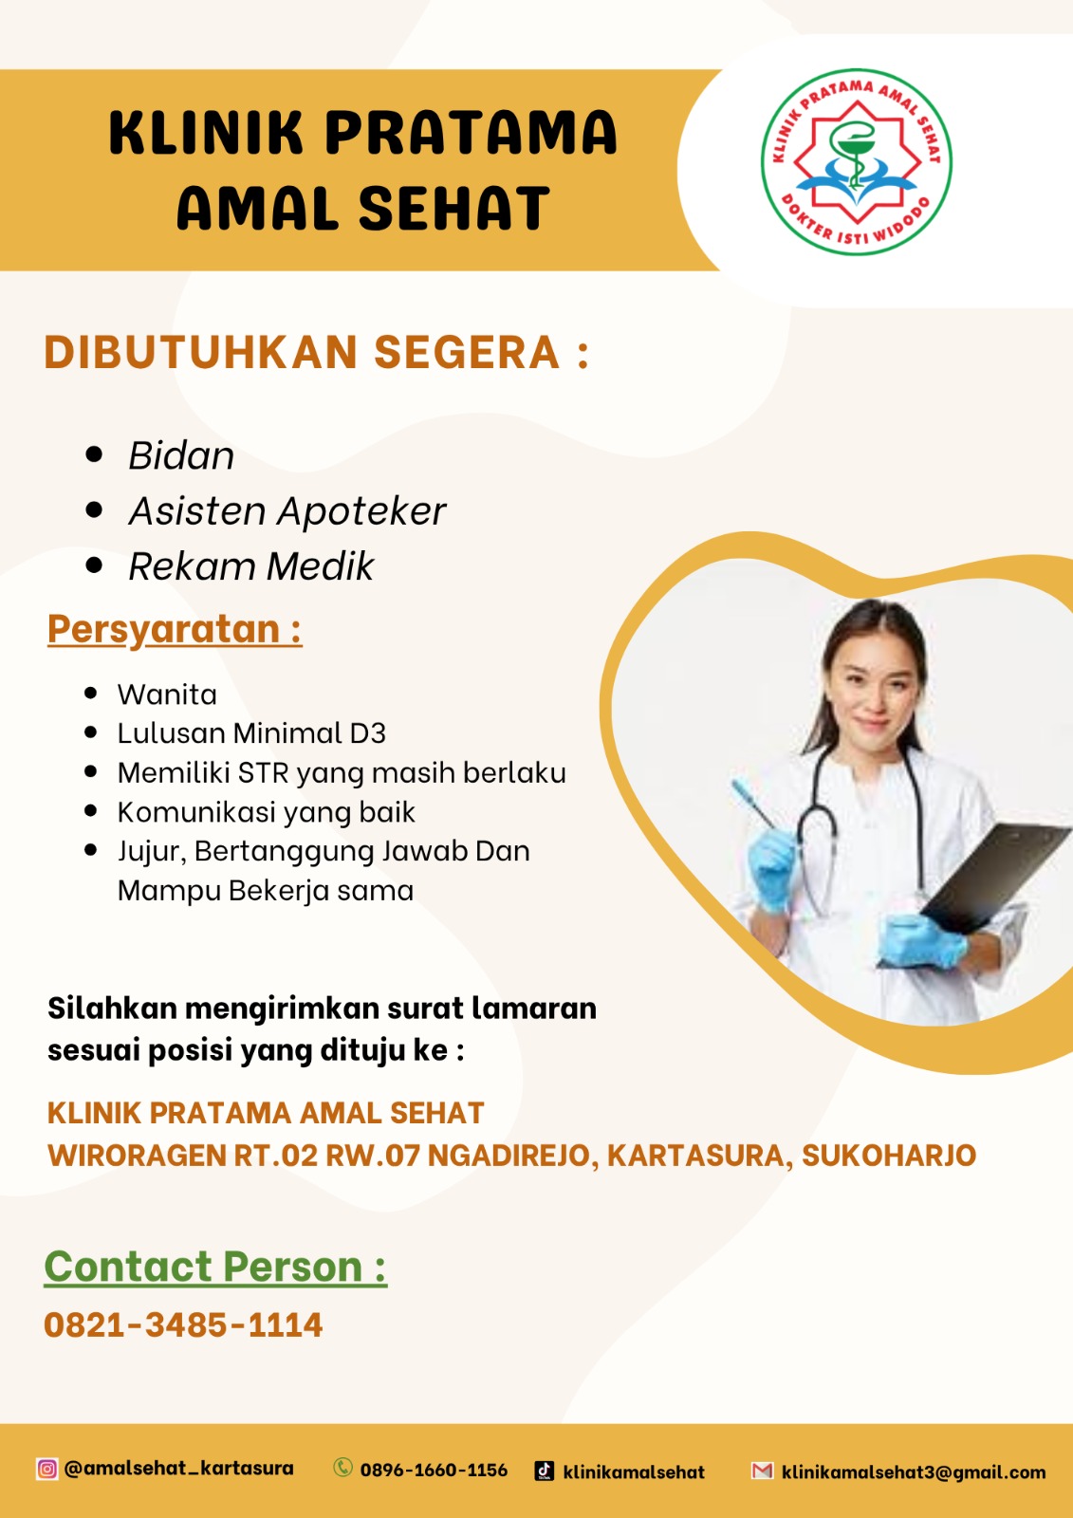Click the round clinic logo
(x=856, y=162)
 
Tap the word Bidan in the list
(x=181, y=455)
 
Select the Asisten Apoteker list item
(x=287, y=511)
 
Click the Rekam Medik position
(x=250, y=565)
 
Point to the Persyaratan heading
(x=175, y=630)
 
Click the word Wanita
(x=167, y=694)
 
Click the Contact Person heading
(x=215, y=1267)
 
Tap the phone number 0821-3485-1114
(x=183, y=1324)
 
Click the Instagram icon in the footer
(x=46, y=1469)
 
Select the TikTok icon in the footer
(x=545, y=1470)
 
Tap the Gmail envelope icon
(x=763, y=1470)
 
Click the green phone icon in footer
(x=343, y=1467)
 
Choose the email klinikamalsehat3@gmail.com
(x=914, y=1472)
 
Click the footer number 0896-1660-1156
(x=434, y=1470)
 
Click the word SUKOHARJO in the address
(x=889, y=1156)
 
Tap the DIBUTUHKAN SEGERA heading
(x=317, y=352)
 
